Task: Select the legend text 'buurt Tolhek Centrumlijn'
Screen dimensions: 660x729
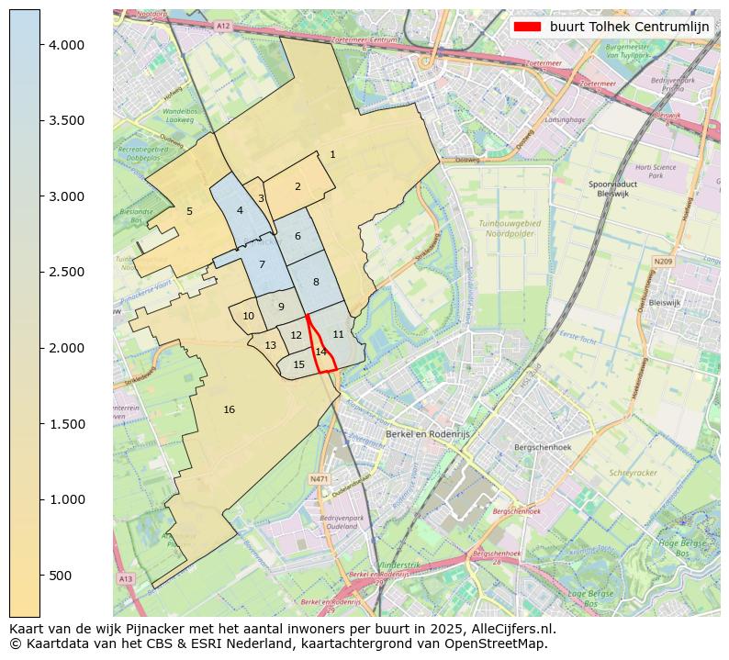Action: [630, 27]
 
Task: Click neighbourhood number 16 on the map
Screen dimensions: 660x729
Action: [229, 409]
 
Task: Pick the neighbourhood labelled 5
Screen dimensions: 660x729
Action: [189, 211]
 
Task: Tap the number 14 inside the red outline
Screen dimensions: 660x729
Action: [320, 352]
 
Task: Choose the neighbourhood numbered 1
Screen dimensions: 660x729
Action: [332, 154]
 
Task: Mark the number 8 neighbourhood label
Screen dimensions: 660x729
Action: [316, 282]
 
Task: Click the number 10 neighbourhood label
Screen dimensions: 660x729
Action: [248, 316]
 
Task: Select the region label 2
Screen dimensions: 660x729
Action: [297, 186]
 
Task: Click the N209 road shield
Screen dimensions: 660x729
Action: [663, 262]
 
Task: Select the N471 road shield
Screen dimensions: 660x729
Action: [319, 478]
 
